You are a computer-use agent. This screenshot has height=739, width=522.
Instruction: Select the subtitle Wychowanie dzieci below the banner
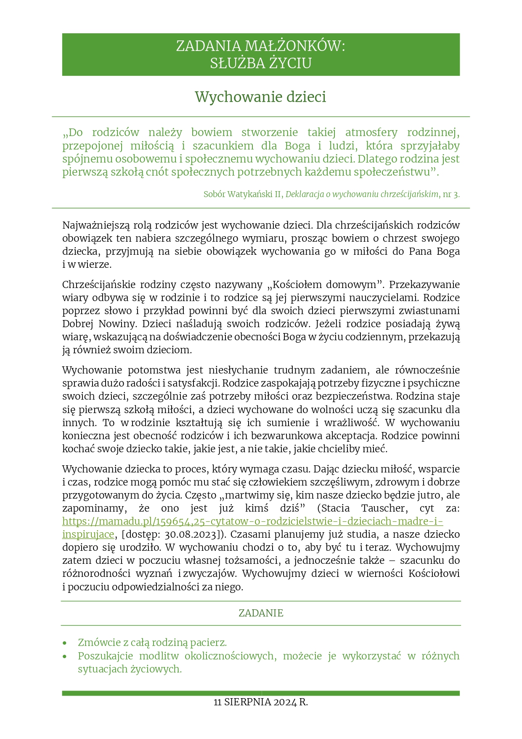tap(260, 97)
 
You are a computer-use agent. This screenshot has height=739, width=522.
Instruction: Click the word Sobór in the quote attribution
tap(214, 195)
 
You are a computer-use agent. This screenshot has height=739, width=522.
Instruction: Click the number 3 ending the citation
tap(456, 195)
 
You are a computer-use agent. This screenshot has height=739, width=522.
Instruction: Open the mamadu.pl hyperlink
tap(252, 521)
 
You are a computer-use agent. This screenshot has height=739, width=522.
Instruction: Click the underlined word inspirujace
tap(88, 534)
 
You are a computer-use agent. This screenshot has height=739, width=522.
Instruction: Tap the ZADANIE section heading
tap(261, 613)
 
